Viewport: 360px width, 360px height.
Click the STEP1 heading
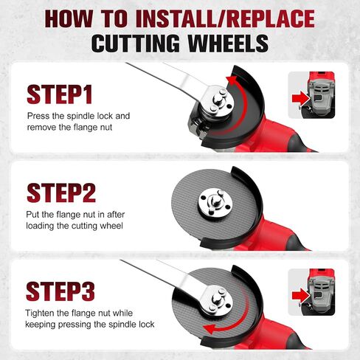pos(60,94)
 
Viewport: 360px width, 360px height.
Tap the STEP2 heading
pos(61,193)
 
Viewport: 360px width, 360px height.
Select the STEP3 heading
pos(60,291)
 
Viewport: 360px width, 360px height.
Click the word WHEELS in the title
pos(228,44)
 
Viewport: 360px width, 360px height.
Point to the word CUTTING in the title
pos(136,44)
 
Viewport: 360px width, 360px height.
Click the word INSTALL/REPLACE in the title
pos(225,18)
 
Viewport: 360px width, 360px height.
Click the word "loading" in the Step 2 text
pos(40,226)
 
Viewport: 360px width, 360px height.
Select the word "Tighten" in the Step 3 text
pos(40,313)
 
